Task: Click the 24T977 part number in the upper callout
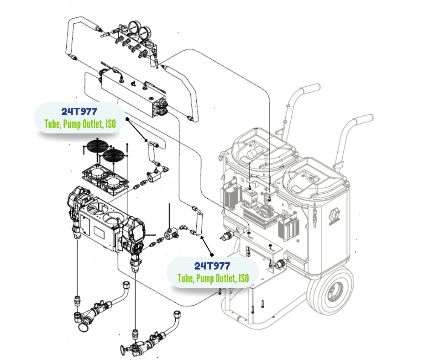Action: pos(80,111)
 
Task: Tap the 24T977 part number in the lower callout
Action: pos(212,266)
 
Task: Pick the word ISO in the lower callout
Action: pos(244,278)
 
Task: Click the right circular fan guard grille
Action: pos(113,156)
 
